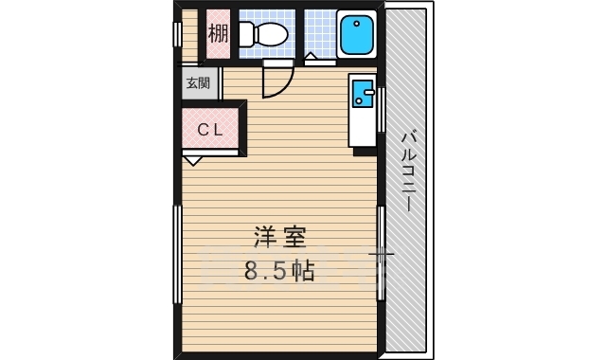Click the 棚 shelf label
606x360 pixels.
(x=218, y=35)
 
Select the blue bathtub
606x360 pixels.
(x=357, y=36)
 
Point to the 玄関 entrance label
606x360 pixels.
(x=198, y=83)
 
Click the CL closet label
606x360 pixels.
(x=210, y=131)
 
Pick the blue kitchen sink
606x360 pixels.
(x=363, y=95)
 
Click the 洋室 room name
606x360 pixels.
(x=278, y=237)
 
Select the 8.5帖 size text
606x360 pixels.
(x=279, y=272)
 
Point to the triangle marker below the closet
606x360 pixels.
(x=193, y=161)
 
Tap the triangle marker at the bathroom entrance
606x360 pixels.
(x=310, y=59)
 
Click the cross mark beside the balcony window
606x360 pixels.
(x=383, y=254)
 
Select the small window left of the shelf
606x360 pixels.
(x=177, y=33)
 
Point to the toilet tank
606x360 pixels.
(x=245, y=36)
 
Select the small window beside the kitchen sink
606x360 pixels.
(x=382, y=109)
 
